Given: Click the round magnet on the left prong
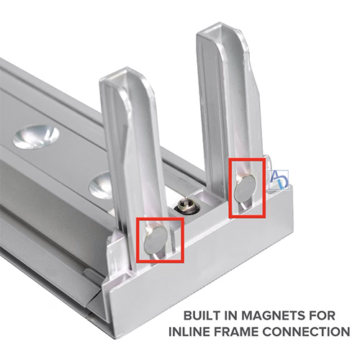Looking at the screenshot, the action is pos(156,240).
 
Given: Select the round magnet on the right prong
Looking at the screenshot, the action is pos(246,188).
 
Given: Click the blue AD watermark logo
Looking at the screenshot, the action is pos(279,180).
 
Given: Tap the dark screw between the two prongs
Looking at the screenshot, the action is pos(186,207).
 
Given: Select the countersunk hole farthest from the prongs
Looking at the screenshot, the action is pos(35,137).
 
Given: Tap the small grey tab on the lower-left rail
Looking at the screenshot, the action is pos(93,275).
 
